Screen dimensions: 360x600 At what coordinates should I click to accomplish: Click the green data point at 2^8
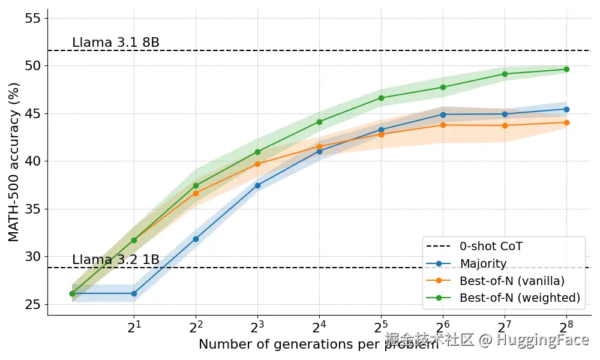click(566, 70)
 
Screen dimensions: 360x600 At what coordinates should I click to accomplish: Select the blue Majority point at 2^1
click(134, 293)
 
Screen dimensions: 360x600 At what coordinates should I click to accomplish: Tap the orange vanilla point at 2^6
click(443, 125)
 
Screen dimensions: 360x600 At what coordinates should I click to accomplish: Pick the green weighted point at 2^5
click(381, 98)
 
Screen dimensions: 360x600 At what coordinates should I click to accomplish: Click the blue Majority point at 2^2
click(196, 239)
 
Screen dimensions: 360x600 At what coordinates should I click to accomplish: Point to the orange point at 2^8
click(566, 122)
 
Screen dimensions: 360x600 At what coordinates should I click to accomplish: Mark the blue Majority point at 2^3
click(257, 185)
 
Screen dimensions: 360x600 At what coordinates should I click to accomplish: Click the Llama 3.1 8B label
click(115, 43)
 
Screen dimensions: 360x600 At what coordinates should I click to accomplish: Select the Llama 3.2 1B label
click(115, 260)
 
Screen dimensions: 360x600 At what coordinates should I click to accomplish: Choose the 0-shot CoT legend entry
click(491, 247)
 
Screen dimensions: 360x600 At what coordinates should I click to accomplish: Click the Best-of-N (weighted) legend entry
click(520, 298)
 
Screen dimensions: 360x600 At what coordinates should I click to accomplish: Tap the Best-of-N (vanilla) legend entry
click(512, 280)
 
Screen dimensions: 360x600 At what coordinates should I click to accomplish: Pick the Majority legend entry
click(483, 263)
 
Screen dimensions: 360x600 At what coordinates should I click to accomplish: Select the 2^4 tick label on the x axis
click(319, 327)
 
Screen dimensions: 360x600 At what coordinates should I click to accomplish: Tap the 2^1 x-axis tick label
click(134, 327)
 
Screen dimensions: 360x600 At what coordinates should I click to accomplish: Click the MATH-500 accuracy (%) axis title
click(14, 162)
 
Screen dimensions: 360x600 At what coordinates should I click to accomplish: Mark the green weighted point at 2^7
click(505, 74)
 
